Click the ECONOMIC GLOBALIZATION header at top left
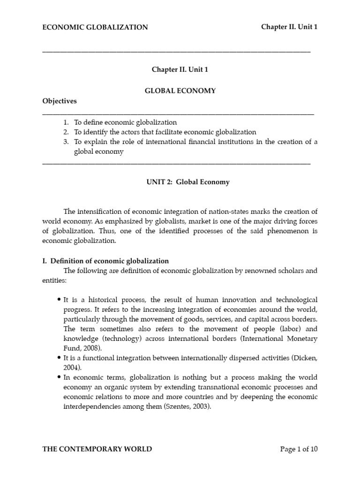[x=95, y=27]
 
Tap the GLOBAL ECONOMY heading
[x=180, y=91]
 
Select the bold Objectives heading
[x=60, y=101]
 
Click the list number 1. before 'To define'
[x=67, y=122]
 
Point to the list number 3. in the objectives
[x=67, y=142]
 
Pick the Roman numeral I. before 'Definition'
[x=45, y=261]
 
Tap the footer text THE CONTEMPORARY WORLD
[x=97, y=449]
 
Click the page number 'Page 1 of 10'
[x=299, y=449]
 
